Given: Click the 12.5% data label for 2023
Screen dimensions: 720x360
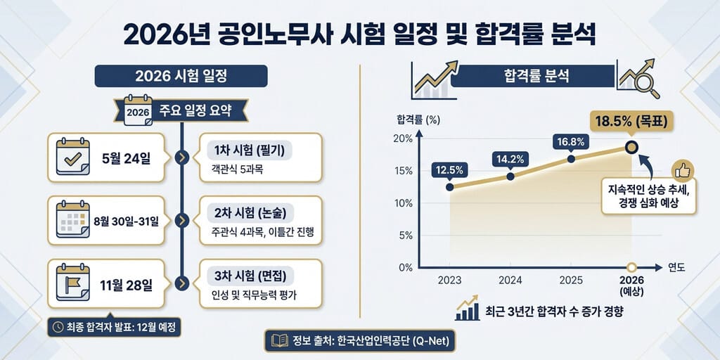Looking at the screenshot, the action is pyautogui.click(x=450, y=170).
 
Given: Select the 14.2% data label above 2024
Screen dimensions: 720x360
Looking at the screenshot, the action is pyautogui.click(x=510, y=160).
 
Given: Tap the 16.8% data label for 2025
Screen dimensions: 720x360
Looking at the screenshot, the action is pyautogui.click(x=571, y=142).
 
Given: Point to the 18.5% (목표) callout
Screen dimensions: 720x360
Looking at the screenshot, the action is pyautogui.click(x=631, y=121).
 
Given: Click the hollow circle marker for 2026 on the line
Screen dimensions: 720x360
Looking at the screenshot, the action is pyautogui.click(x=631, y=148).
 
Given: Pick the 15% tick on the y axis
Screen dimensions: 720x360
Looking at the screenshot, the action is pyautogui.click(x=404, y=171).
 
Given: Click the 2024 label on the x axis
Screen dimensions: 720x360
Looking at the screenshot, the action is pyautogui.click(x=510, y=281).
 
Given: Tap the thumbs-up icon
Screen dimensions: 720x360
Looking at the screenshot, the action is pyautogui.click(x=682, y=172).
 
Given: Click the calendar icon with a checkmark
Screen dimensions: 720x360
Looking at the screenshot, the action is pyautogui.click(x=72, y=157).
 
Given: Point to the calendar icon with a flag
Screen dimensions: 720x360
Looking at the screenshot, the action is pyautogui.click(x=72, y=283).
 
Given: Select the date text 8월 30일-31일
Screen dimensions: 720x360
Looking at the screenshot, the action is pyautogui.click(x=127, y=221).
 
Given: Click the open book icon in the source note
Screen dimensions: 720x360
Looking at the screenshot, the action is pyautogui.click(x=279, y=341).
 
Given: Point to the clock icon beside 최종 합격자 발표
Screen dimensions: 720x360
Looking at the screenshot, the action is pyautogui.click(x=58, y=327).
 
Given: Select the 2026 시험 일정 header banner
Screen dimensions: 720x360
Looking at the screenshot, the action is pyautogui.click(x=181, y=76).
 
